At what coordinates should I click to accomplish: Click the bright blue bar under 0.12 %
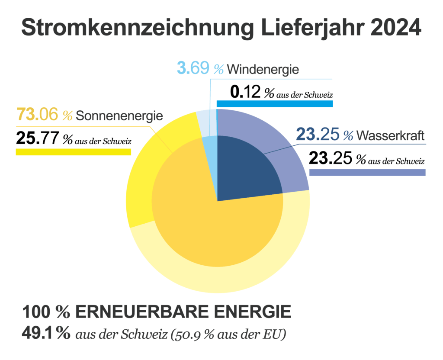tap(274, 104)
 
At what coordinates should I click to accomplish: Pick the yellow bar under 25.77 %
tap(73, 151)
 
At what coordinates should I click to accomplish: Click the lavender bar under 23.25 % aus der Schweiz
tap(367, 172)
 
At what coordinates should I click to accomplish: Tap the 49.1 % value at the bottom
tap(45, 334)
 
